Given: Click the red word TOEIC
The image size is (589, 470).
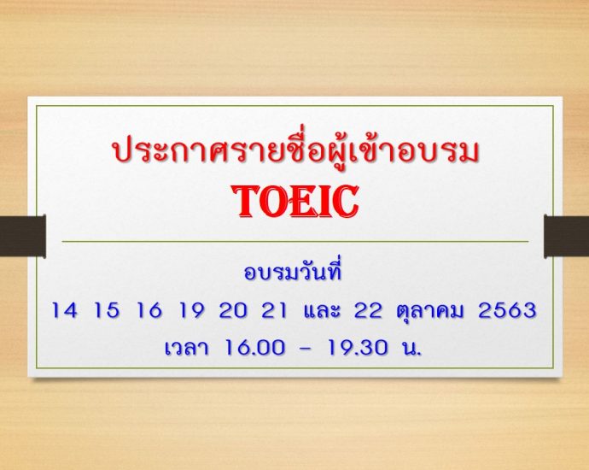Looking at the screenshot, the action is (294, 202).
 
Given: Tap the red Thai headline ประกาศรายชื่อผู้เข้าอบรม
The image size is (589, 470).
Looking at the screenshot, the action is (295, 150).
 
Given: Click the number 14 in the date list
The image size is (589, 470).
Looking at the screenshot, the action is (64, 310).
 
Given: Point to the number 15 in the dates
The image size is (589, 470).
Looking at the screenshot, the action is (107, 310).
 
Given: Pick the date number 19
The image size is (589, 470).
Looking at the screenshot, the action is (192, 310).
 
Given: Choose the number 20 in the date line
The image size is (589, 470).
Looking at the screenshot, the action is (234, 310).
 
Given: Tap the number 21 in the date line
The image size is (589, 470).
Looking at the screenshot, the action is (274, 310).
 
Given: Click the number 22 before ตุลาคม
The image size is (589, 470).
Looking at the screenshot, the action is (368, 310).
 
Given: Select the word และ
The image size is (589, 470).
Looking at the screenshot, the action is (321, 310).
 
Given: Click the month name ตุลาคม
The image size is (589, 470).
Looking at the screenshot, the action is (429, 312).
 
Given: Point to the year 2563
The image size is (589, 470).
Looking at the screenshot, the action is (507, 310).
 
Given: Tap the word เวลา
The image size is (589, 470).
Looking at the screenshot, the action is (186, 348).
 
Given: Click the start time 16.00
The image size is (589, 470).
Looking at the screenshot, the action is (254, 348).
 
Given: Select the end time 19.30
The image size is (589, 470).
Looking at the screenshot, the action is (357, 348).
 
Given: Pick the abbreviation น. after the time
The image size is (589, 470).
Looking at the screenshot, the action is (411, 348).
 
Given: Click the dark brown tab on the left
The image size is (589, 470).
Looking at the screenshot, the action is (23, 236).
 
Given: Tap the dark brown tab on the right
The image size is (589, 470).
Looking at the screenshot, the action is (567, 236).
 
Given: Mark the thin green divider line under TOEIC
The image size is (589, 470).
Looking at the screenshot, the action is (294, 241).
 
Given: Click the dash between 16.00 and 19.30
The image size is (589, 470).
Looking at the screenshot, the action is (306, 349).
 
